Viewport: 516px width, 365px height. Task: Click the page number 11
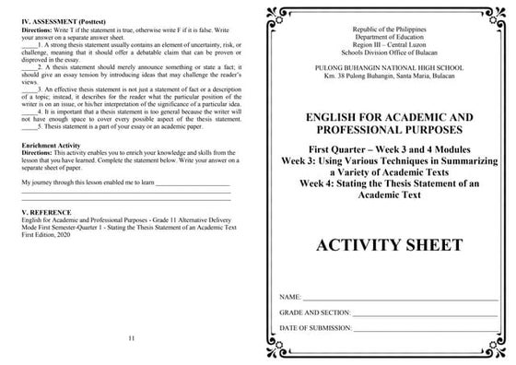132,338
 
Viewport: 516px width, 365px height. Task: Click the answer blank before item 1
28,45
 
